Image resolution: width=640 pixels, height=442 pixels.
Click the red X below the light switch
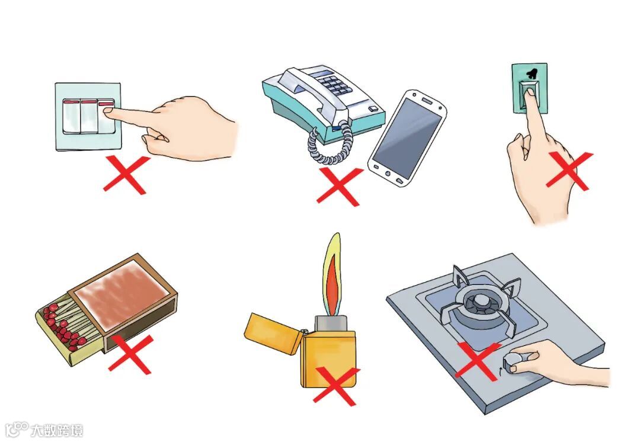pos(126,175)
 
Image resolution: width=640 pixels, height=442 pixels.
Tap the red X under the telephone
pos(339,187)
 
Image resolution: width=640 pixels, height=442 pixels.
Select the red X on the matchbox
pos(130,354)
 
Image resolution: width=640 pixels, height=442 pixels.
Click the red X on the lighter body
pos(336,386)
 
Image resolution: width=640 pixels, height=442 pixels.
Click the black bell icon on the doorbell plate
pos(531,74)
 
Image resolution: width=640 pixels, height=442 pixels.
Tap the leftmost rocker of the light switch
pos(71,116)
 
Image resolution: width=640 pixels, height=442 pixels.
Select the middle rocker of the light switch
pos(89,116)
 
